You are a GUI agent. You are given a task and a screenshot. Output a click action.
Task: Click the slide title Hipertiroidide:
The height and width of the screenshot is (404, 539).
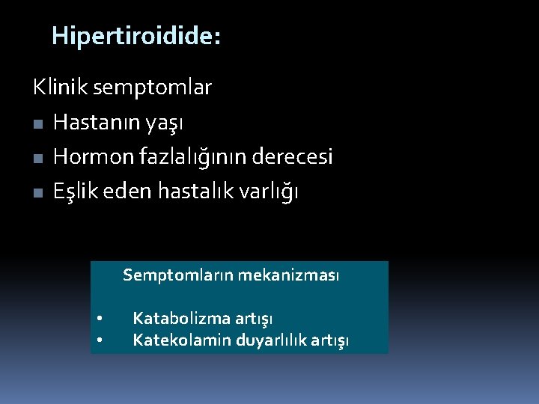[x=136, y=36]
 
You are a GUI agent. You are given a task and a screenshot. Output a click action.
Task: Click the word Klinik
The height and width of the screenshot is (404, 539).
[x=56, y=88]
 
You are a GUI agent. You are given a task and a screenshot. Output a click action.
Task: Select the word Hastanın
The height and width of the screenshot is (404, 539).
[x=92, y=122]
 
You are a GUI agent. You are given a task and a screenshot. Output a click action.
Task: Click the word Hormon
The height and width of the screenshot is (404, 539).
[x=91, y=157]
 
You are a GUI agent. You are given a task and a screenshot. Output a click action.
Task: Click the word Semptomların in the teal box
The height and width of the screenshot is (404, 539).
[x=178, y=276]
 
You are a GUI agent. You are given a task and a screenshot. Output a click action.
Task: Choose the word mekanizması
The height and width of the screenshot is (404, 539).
[x=288, y=275]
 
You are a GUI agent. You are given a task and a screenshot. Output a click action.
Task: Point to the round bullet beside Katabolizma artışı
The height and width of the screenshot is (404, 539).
[x=100, y=319]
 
